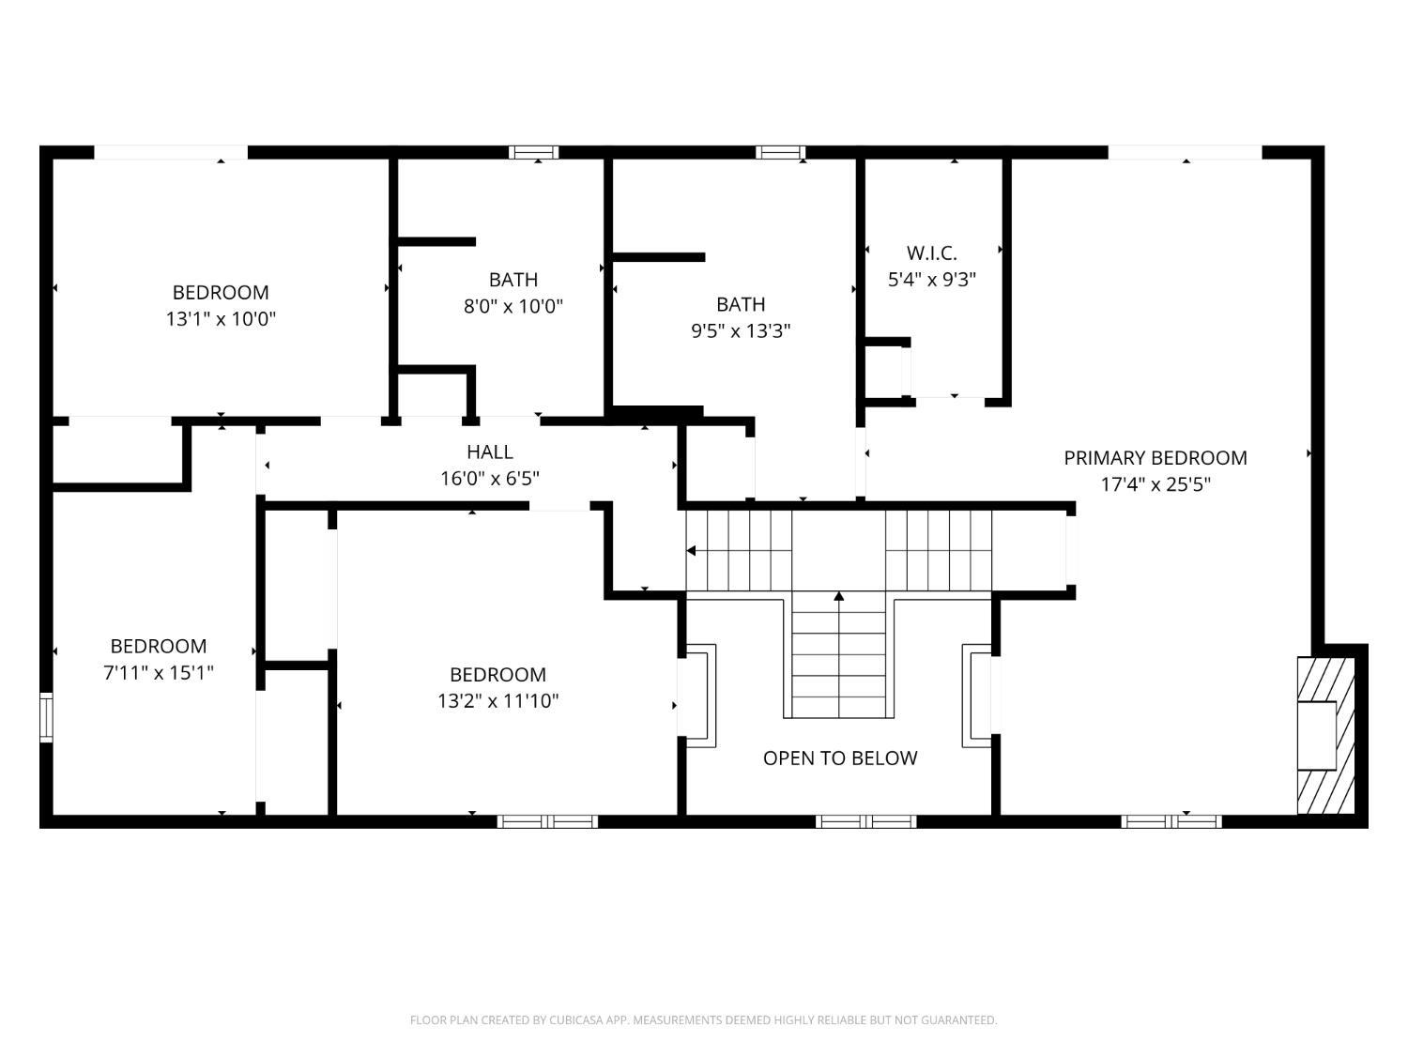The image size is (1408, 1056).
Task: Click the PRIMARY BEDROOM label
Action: (1155, 458)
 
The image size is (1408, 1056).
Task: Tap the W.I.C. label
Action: (931, 253)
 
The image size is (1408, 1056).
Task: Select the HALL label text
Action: (489, 452)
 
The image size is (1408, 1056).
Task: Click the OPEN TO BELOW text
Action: (839, 758)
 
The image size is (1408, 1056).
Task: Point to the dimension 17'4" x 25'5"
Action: (1155, 484)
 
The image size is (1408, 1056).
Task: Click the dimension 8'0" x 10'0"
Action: (513, 306)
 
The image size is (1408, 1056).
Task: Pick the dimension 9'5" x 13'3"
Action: (741, 330)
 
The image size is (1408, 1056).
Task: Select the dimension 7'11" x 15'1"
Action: (158, 672)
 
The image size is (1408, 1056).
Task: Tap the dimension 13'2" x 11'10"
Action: (497, 700)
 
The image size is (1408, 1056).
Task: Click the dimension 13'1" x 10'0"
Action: (221, 319)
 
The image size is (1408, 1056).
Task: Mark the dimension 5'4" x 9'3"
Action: (931, 280)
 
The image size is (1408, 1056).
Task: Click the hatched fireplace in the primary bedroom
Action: (1325, 735)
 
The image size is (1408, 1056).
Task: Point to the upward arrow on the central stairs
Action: (839, 596)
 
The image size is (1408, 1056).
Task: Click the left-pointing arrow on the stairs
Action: (692, 551)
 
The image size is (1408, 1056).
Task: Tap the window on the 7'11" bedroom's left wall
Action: (46, 717)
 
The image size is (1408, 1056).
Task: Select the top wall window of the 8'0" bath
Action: (533, 152)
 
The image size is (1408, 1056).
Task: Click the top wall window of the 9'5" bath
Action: (781, 152)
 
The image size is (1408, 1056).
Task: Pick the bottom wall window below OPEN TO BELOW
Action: (865, 821)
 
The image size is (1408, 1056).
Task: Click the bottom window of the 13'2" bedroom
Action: (547, 821)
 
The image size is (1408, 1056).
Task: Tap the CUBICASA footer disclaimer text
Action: (703, 1020)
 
